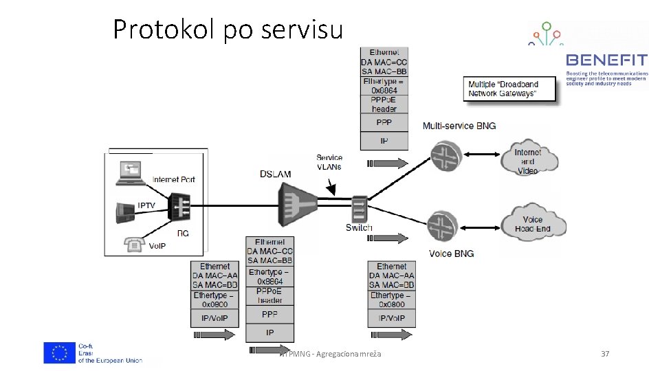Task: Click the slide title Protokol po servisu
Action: (x=227, y=30)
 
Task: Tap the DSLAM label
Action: (x=276, y=174)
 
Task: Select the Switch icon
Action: (x=358, y=208)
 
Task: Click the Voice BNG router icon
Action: (x=443, y=226)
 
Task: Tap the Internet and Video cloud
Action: (x=527, y=161)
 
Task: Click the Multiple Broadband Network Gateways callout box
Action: (x=511, y=89)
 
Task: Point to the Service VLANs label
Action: (x=329, y=162)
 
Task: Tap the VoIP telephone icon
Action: (x=135, y=245)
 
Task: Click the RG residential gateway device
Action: (x=179, y=205)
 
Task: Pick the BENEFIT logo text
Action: (x=606, y=60)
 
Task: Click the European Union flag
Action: (x=60, y=352)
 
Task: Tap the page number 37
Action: (x=605, y=354)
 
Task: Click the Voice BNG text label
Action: (x=451, y=254)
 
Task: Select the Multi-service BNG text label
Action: (x=459, y=126)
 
